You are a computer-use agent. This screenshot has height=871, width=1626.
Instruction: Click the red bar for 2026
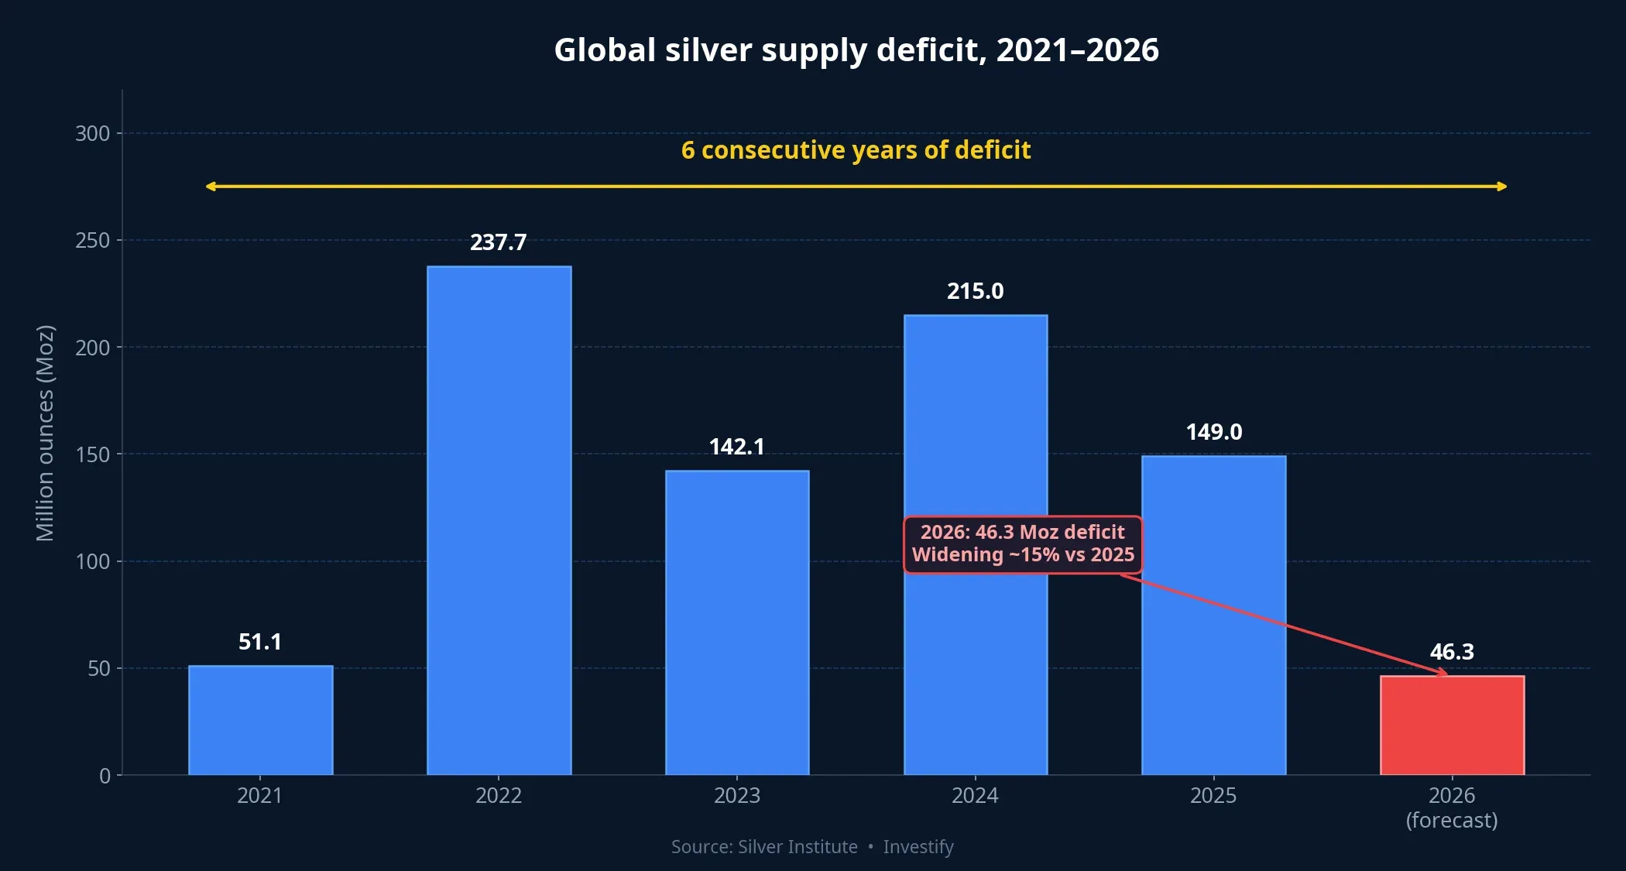[1452, 725]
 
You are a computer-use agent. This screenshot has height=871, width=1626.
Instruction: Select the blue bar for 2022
[499, 520]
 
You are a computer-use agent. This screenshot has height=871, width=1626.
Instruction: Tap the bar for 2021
[260, 720]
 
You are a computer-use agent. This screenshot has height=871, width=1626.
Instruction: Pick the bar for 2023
[737, 622]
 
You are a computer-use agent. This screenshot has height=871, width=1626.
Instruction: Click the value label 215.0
[975, 291]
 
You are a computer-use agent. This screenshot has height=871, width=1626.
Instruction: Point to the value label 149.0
[1213, 432]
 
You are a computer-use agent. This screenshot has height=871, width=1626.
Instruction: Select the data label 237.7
[498, 242]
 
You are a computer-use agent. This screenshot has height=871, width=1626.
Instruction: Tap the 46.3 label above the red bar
[1452, 652]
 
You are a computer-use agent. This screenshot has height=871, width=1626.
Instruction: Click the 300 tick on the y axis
[92, 133]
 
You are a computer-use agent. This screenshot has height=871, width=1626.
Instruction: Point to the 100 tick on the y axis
[92, 561]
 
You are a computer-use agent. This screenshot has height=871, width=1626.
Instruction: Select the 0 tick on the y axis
[105, 776]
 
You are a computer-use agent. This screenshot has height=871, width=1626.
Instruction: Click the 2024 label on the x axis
[975, 795]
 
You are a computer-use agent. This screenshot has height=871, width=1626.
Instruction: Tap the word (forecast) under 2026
[1452, 820]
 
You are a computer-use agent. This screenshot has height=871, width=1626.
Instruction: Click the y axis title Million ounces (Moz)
[45, 434]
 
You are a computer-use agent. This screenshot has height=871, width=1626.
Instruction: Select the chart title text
[856, 50]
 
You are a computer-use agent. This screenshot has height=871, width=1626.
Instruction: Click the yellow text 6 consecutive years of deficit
[856, 149]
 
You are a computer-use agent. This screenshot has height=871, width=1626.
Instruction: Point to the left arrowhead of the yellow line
[210, 186]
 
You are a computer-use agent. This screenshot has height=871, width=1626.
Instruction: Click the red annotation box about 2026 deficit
[1022, 544]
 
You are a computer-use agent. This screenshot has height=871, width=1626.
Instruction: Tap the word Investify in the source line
[918, 847]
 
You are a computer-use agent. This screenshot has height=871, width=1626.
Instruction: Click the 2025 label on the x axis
[1213, 795]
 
